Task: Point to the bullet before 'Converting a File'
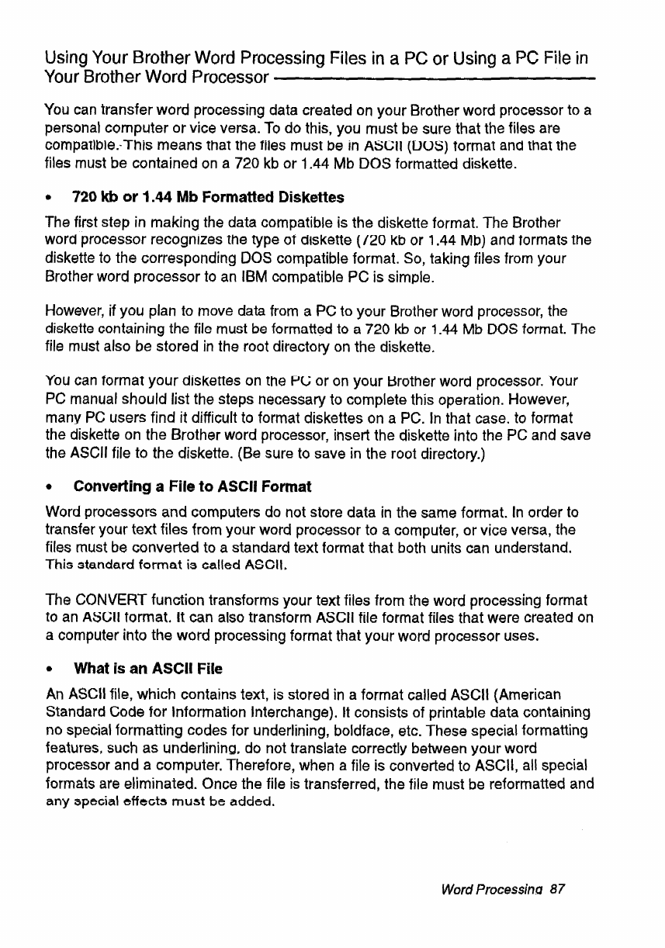click(48, 487)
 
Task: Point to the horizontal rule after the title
click(435, 78)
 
